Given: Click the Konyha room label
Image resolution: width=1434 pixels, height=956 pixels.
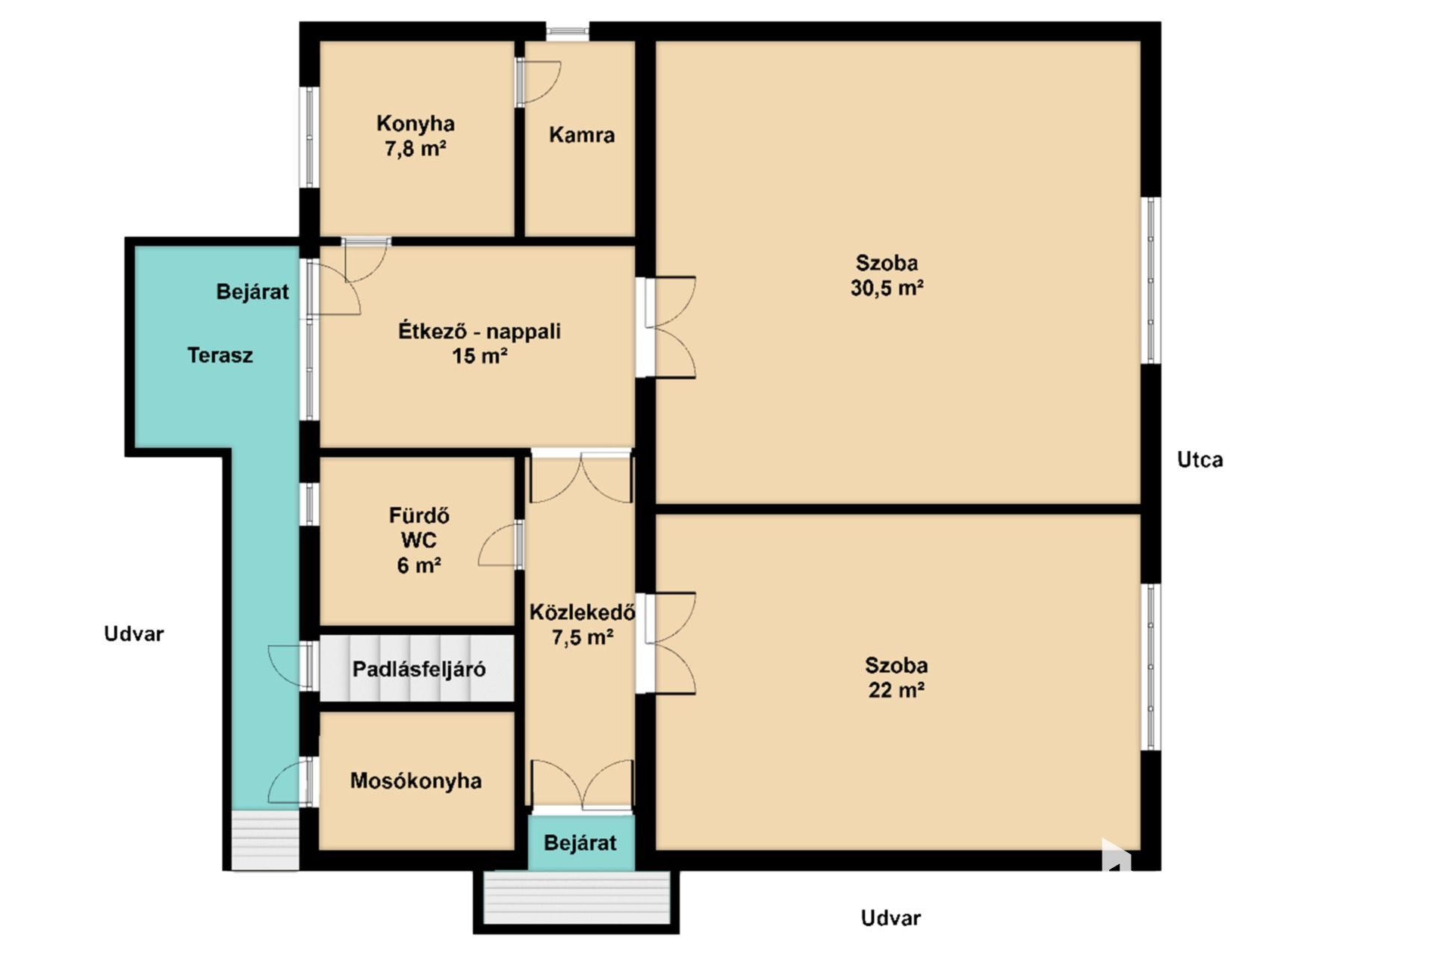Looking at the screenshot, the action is (x=415, y=123).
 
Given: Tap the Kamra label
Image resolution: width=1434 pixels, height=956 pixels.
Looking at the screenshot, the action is (x=582, y=135).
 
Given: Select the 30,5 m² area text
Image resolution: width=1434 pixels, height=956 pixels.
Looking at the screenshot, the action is (x=887, y=288).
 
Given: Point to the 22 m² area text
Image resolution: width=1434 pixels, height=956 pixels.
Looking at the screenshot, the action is (x=896, y=689).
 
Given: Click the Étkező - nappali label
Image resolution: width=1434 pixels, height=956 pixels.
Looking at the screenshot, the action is (x=479, y=331).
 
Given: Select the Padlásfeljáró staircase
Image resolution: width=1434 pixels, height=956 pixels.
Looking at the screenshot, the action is (x=417, y=668).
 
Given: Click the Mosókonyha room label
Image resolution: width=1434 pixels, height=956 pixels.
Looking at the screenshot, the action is (x=416, y=781).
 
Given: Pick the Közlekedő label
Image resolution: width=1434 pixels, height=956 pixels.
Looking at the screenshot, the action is (x=583, y=612).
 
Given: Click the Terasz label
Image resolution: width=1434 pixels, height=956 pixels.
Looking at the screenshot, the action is (x=220, y=356).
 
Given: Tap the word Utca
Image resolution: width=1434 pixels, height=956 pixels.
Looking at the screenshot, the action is (x=1200, y=459).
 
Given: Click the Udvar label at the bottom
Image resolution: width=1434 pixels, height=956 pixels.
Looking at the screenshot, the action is (x=891, y=918).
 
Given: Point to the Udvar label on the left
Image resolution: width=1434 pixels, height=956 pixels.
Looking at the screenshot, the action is (x=134, y=634).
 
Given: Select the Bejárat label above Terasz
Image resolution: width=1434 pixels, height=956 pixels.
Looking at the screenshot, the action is (x=252, y=291).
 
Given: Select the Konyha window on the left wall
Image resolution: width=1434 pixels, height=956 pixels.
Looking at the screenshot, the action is (x=309, y=137).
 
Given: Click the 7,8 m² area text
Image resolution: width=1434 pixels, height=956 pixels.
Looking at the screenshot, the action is (x=415, y=149).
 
